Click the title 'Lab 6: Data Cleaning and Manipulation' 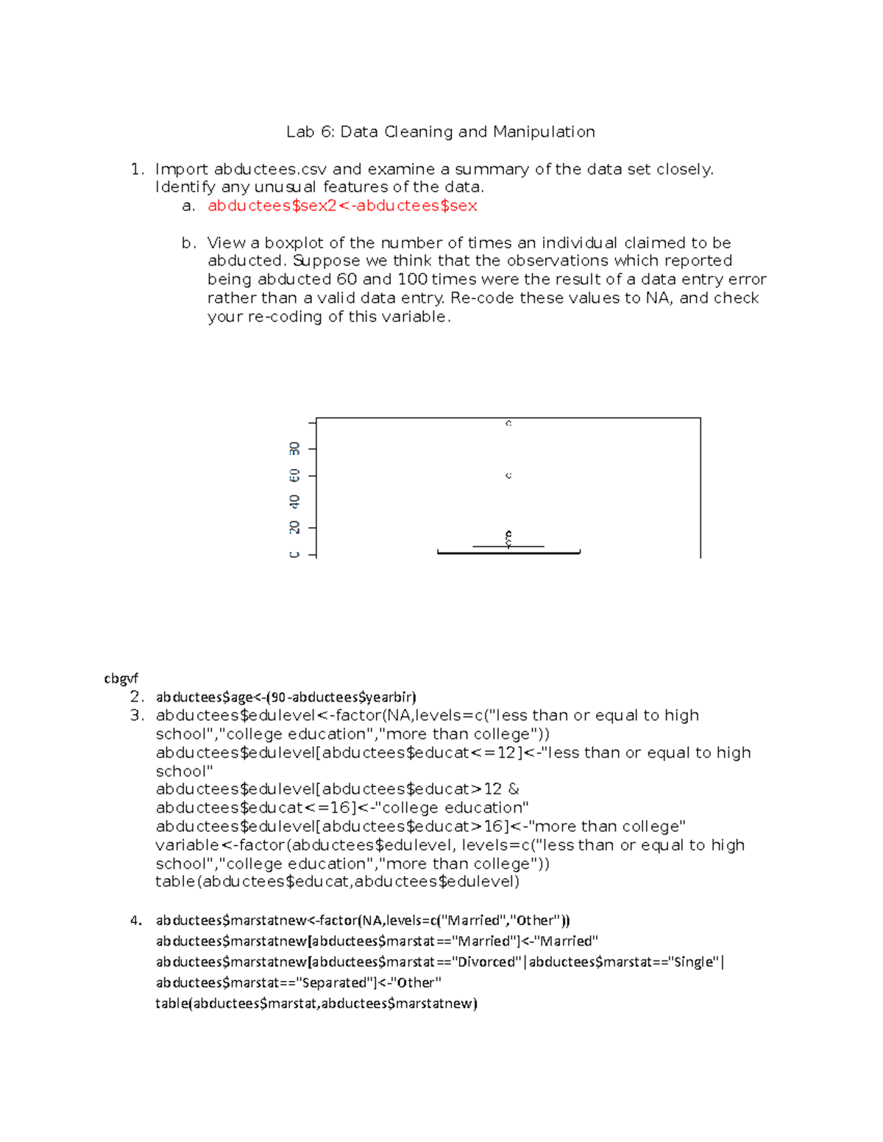point(440,132)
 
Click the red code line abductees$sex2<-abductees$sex point(342,206)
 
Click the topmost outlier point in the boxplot point(508,424)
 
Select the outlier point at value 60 point(508,476)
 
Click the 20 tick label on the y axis point(294,527)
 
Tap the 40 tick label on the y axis point(294,502)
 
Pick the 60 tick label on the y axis point(294,476)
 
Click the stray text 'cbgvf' point(121,678)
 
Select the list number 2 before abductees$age point(136,696)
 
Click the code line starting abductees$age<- point(286,696)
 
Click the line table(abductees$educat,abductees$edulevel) point(337,882)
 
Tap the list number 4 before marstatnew point(136,921)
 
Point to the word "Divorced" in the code point(487,962)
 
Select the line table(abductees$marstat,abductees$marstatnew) point(316,1003)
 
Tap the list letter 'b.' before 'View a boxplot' point(189,243)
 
